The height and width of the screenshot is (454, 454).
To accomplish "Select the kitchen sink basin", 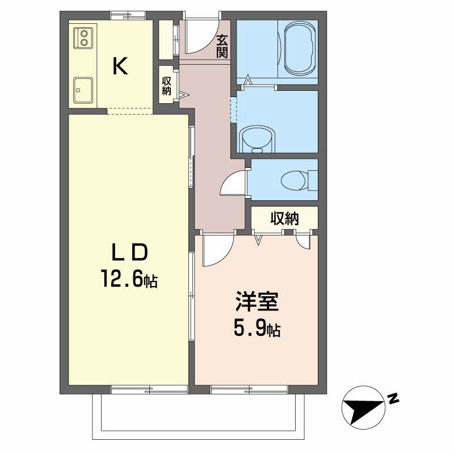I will pos(84,89).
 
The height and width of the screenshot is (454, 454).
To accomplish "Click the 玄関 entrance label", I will pos(222,47).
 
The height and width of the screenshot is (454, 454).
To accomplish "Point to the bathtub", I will pos(299,48).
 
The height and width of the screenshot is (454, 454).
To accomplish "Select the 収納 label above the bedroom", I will pos(284,218).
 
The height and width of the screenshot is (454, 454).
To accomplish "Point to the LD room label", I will pos(129,252).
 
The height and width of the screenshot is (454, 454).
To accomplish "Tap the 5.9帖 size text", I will pos(257,329).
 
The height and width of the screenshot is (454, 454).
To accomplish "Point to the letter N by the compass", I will pos(393,400).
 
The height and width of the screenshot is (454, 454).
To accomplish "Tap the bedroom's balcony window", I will pos(250,390).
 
